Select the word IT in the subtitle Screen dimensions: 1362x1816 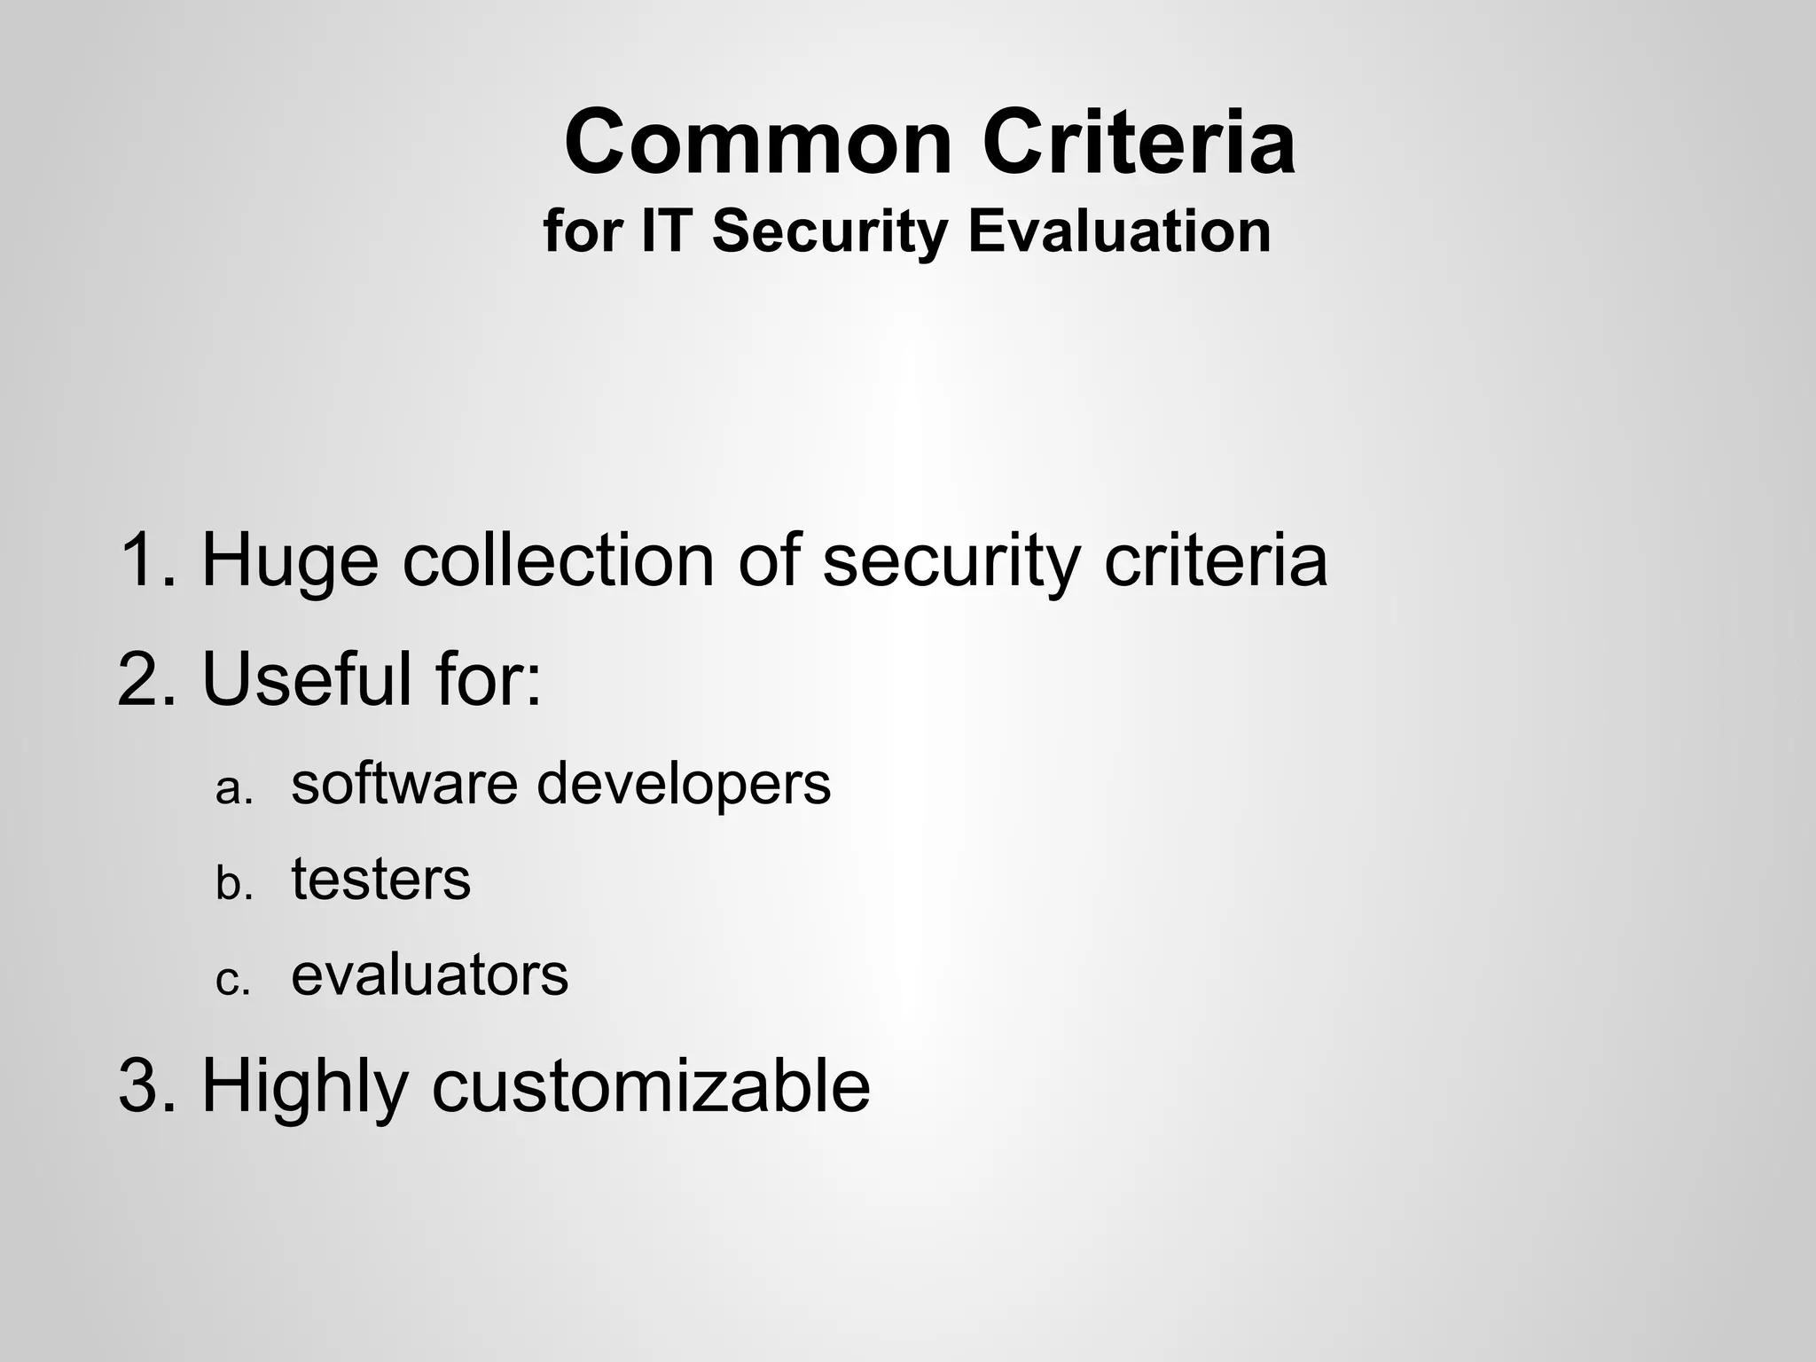pos(669,231)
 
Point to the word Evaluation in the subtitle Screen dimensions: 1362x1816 pos(1119,231)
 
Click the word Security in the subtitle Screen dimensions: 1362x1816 pos(830,233)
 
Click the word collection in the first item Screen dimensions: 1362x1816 pos(559,560)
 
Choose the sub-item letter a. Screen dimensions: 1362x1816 pos(234,788)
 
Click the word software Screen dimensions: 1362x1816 pos(404,785)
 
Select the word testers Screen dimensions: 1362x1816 pos(381,881)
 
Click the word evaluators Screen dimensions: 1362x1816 pos(430,976)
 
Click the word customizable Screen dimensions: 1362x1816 pos(651,1086)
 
